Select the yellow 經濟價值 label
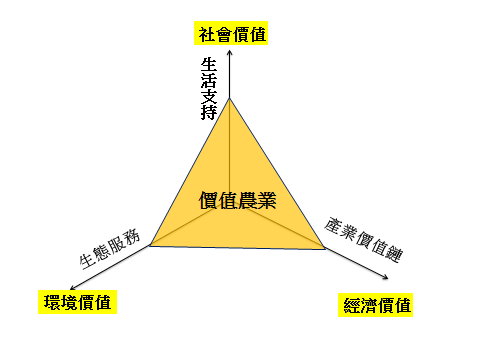(x=377, y=305)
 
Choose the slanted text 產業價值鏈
(x=362, y=239)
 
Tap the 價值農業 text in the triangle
(x=238, y=200)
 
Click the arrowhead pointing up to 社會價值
(x=230, y=53)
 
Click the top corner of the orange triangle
(x=230, y=98)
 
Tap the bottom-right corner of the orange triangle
(x=326, y=250)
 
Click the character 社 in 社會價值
(x=205, y=34)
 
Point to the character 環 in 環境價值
(x=47, y=301)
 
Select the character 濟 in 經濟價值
(x=368, y=305)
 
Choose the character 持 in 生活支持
(x=210, y=110)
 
